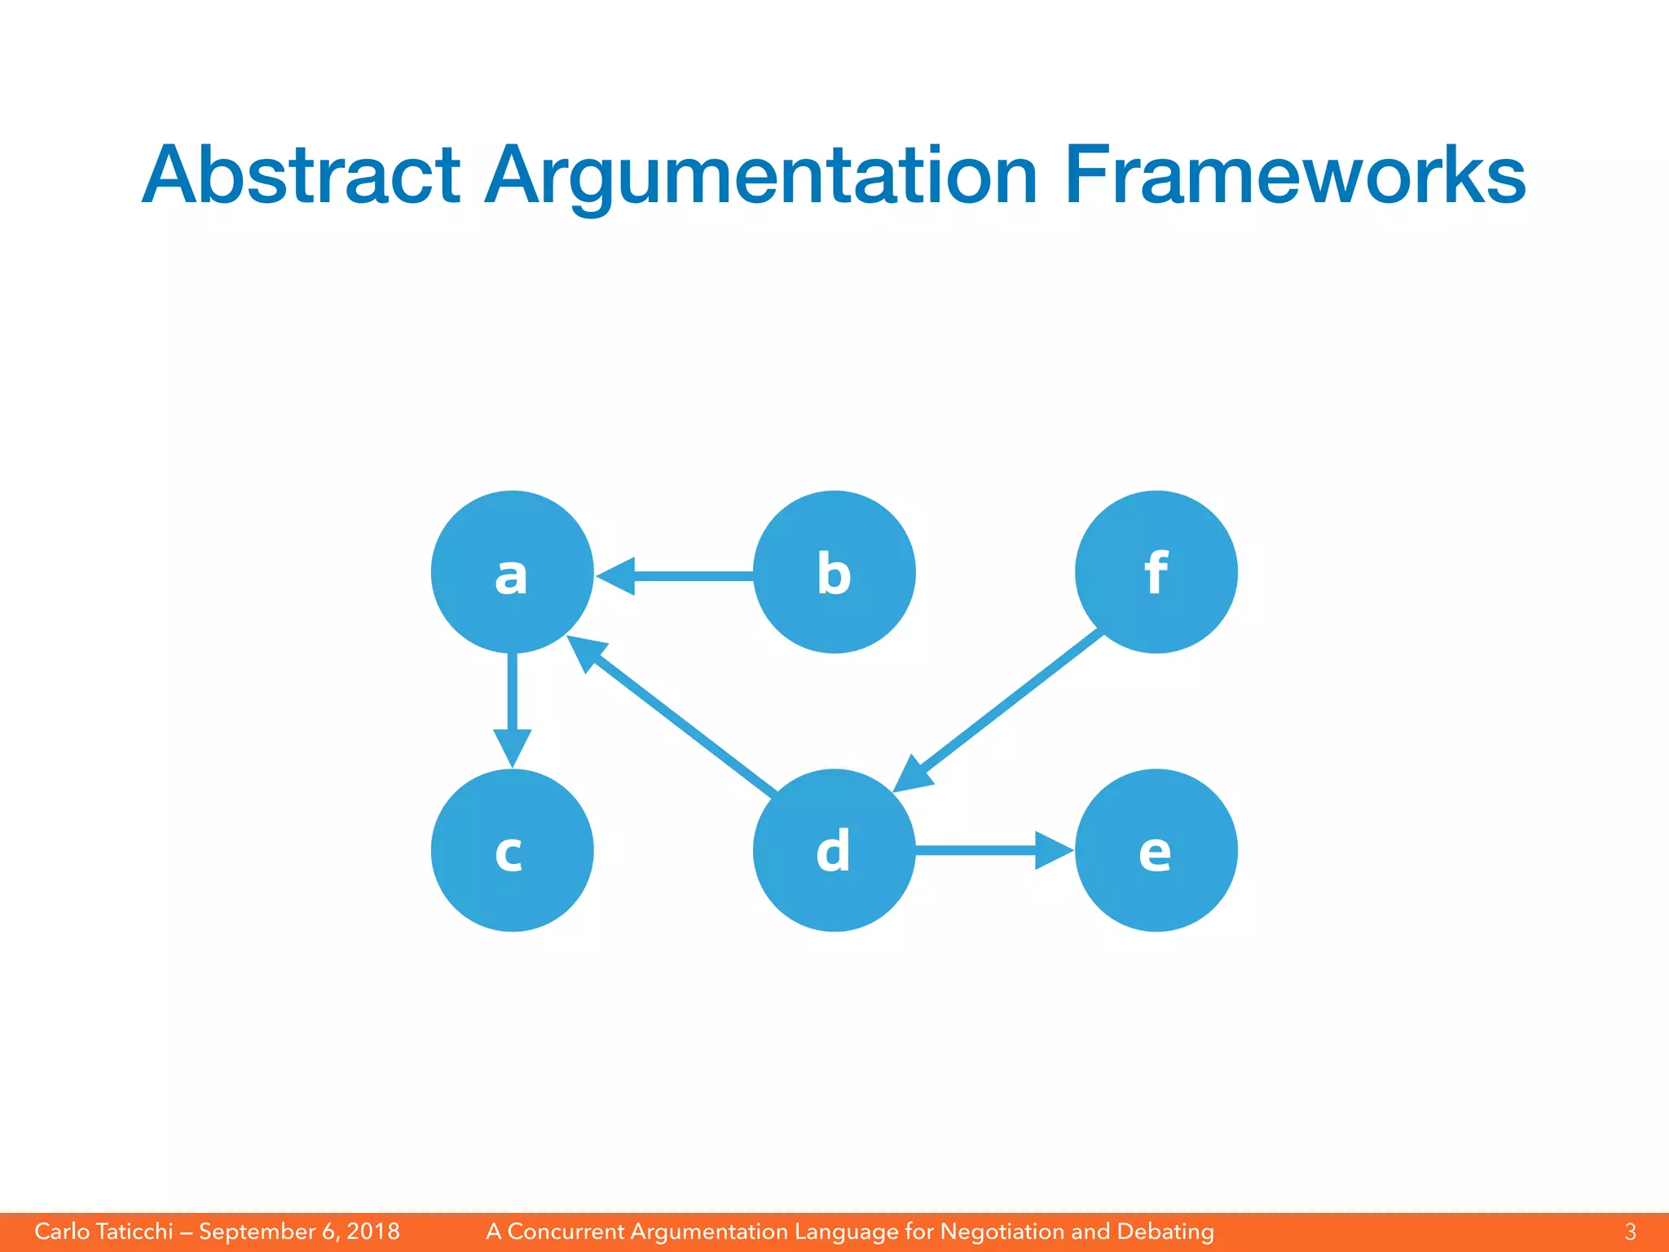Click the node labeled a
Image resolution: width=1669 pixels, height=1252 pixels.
pos(512,572)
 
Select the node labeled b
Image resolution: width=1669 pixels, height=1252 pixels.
pos(834,572)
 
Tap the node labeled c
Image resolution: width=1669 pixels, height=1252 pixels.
pos(512,850)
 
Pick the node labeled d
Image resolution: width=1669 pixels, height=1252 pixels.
pos(834,850)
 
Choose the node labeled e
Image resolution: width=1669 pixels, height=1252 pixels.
pos(1156,850)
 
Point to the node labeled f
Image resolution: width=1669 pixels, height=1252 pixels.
pos(1156,572)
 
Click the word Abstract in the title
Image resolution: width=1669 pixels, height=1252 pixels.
pos(301,175)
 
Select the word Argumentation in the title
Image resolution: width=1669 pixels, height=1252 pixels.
pos(761,175)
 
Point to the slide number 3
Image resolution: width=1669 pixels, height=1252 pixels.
pos(1630,1231)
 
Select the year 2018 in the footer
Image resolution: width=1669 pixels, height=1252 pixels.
pos(373,1231)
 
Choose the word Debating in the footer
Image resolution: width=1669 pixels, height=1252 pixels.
pos(1165,1231)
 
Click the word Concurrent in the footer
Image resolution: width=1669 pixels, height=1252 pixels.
pos(566,1231)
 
